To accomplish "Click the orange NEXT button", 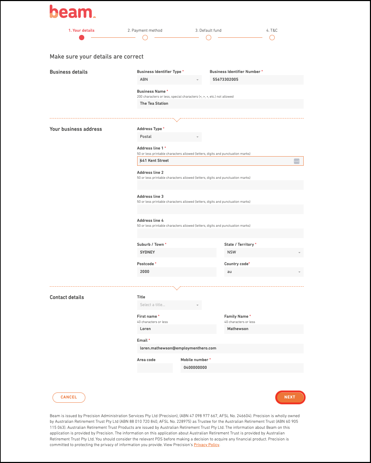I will (290, 397).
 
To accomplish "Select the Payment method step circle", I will (145, 38).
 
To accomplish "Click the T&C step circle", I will (272, 38).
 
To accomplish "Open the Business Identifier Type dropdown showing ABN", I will (169, 80).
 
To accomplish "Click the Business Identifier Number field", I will (256, 80).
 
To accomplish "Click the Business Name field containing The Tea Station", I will (220, 104).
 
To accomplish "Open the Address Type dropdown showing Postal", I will (169, 137).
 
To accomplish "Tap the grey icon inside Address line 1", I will (297, 161).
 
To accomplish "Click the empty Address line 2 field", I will (220, 185).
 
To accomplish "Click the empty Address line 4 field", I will (220, 233).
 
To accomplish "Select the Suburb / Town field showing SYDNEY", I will (177, 252).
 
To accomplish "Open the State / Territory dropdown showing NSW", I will (264, 252).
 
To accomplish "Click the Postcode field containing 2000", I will (177, 272).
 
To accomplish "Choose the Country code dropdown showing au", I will (264, 272).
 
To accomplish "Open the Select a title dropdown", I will (169, 305).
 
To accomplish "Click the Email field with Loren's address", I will (220, 348).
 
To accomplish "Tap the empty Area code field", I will (155, 368).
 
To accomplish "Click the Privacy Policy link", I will (206, 445).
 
